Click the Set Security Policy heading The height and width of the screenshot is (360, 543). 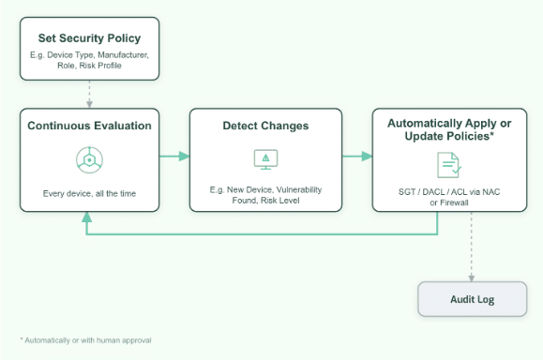tap(89, 38)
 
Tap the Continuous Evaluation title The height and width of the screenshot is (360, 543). tap(89, 126)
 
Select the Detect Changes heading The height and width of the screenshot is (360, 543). tap(265, 126)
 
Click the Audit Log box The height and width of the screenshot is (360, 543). tap(473, 299)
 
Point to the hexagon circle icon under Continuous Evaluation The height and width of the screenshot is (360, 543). tap(89, 160)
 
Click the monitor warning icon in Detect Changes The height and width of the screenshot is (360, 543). tap(265, 159)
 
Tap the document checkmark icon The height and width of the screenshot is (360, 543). tap(449, 165)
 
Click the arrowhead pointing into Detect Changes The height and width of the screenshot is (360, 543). tap(184, 157)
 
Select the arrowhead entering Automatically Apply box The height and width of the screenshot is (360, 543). tap(367, 157)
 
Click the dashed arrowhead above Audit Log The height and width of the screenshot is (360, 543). tap(472, 277)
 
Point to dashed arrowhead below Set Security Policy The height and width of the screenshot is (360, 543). tap(89, 103)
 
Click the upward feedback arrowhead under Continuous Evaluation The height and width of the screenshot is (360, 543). tap(86, 217)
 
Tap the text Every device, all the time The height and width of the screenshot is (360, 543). tap(89, 193)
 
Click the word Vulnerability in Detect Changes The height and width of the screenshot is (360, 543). tap(299, 189)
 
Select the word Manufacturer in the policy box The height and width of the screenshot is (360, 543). tap(123, 55)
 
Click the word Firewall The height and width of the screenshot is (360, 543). tap(454, 202)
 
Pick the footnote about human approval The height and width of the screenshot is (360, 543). tap(86, 340)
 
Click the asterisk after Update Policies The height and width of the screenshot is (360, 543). tap(491, 134)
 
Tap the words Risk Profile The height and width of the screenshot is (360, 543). tap(100, 66)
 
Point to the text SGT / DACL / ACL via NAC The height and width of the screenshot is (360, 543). tap(449, 192)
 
